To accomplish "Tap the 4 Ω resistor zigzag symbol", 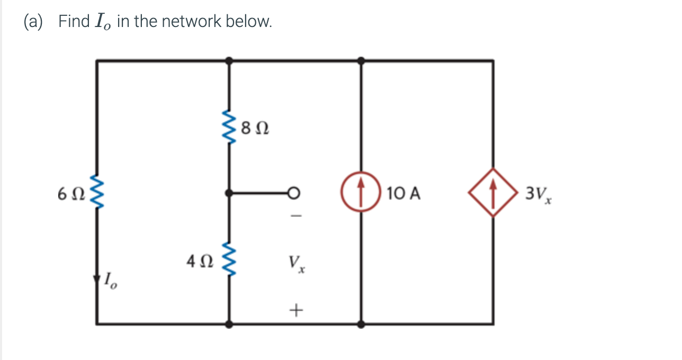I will coord(229,260).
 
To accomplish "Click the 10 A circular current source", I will coord(361,194).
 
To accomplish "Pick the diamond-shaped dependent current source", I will coord(493,194).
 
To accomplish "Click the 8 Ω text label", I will coord(254,128).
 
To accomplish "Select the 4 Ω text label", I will coord(200,260).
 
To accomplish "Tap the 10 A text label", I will coord(403,194).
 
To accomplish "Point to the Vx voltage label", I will coord(296,263).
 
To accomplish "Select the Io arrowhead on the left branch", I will coord(96,279).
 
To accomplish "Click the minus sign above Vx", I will coord(296,217).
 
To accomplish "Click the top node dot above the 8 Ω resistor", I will coord(229,61).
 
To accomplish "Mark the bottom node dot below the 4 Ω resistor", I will coord(229,323).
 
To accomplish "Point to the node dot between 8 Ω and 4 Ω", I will coord(229,194).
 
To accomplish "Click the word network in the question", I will coord(191,22).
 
